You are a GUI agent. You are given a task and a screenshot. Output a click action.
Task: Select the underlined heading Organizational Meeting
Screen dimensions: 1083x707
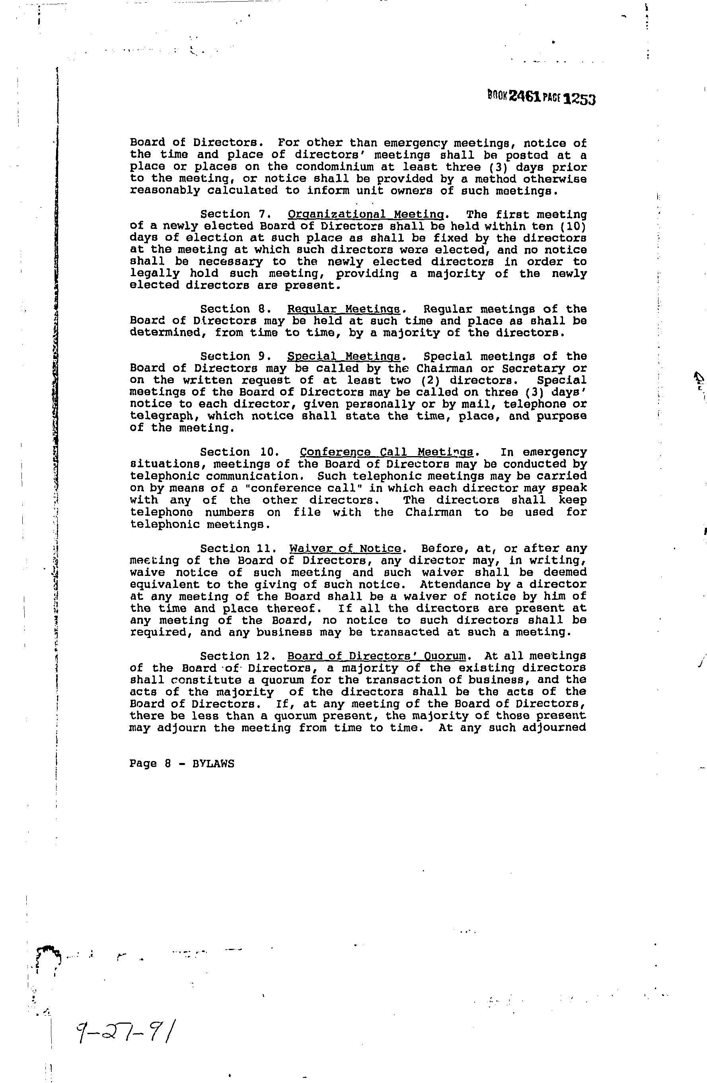click(366, 214)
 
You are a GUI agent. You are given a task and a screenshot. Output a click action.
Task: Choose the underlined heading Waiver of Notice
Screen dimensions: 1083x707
click(345, 549)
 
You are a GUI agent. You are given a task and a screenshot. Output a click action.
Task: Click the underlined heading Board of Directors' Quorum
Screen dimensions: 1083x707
click(377, 656)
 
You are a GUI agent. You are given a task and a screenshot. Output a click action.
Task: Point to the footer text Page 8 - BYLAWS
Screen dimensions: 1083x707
click(181, 763)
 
